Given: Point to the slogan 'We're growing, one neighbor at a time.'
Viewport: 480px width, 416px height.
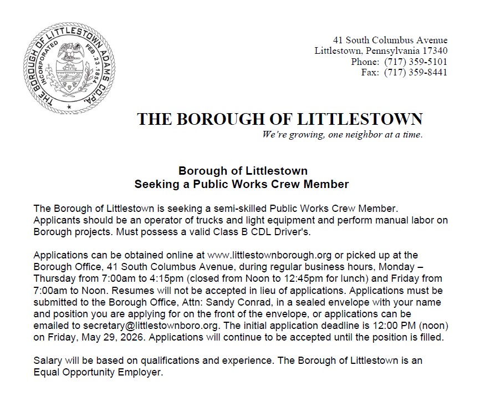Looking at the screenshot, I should pyautogui.click(x=343, y=135).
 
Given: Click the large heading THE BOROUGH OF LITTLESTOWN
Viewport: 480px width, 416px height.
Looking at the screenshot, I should pyautogui.click(x=280, y=119).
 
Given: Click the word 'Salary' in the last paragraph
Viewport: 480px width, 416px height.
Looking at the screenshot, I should pyautogui.click(x=47, y=361).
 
